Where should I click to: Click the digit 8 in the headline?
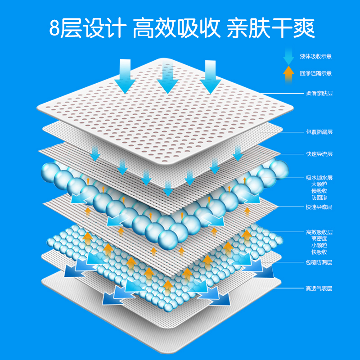pyautogui.click(x=54, y=28)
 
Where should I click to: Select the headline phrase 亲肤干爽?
pyautogui.click(x=270, y=28)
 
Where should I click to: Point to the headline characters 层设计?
pyautogui.click(x=93, y=28)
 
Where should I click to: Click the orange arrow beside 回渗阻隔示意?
pyautogui.click(x=289, y=73)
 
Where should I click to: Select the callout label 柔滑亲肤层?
pyautogui.click(x=319, y=94)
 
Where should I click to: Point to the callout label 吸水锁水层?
pyautogui.click(x=319, y=178)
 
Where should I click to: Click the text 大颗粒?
pyautogui.click(x=319, y=184)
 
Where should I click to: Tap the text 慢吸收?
pyautogui.click(x=319, y=190)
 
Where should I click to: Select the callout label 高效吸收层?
pyautogui.click(x=319, y=232)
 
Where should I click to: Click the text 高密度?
pyautogui.click(x=319, y=238)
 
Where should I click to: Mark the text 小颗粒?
pyautogui.click(x=319, y=245)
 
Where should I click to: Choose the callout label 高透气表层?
pyautogui.click(x=319, y=288)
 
